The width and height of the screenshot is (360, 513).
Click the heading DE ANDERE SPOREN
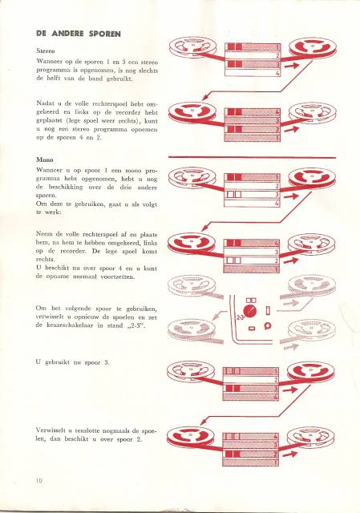(x=79, y=34)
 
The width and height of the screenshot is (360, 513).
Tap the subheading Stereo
(x=46, y=51)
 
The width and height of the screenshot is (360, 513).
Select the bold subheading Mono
(x=45, y=160)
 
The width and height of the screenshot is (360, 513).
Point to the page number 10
(x=39, y=481)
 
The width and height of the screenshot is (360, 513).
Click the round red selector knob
(x=250, y=311)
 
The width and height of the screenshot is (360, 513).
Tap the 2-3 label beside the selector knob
(x=239, y=317)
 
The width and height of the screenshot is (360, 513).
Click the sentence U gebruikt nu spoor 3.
(x=73, y=362)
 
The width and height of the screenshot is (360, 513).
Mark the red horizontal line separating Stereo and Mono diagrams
(x=252, y=157)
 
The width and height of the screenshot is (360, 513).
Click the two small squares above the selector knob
(x=251, y=300)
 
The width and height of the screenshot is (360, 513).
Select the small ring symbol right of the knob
(x=268, y=325)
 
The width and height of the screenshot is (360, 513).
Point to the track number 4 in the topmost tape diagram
(x=277, y=73)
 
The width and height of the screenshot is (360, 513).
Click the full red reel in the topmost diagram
(x=313, y=48)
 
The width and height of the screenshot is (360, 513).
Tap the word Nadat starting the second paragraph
(x=45, y=103)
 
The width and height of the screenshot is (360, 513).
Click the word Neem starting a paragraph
(x=42, y=234)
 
